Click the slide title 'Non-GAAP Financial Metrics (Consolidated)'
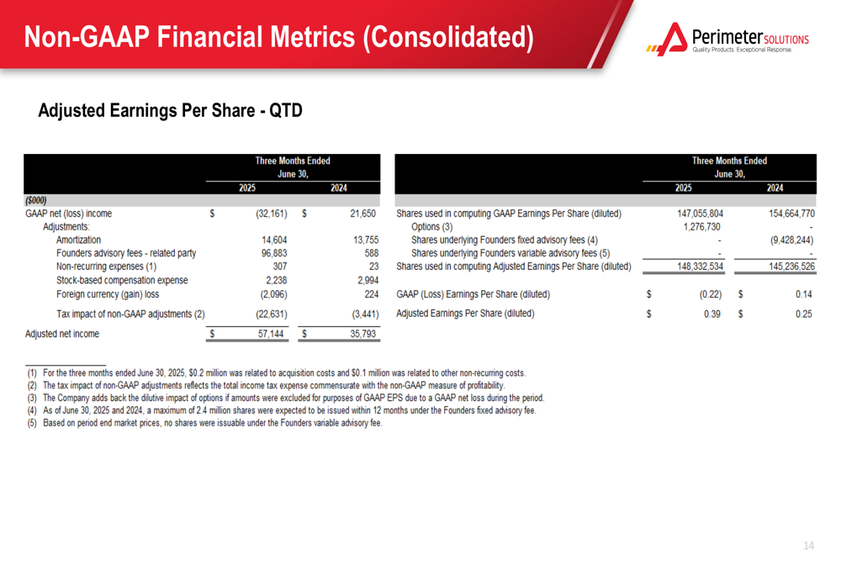coord(279,37)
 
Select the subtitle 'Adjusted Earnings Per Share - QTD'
coord(170,110)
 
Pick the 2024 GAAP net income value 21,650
coord(362,214)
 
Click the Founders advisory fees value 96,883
coord(274,253)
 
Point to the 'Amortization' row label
coord(78,240)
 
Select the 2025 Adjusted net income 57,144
coord(270,334)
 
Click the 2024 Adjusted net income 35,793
coord(362,334)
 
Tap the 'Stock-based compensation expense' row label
coord(122,280)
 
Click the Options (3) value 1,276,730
coord(701,227)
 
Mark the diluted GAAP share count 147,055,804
coord(700,214)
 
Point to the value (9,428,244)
coord(791,240)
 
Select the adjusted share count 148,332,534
coord(700,267)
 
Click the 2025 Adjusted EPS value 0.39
coord(712,314)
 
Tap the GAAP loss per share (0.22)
coord(711,294)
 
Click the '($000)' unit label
coord(36,200)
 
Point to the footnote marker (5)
coord(32,423)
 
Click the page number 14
coord(809,546)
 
